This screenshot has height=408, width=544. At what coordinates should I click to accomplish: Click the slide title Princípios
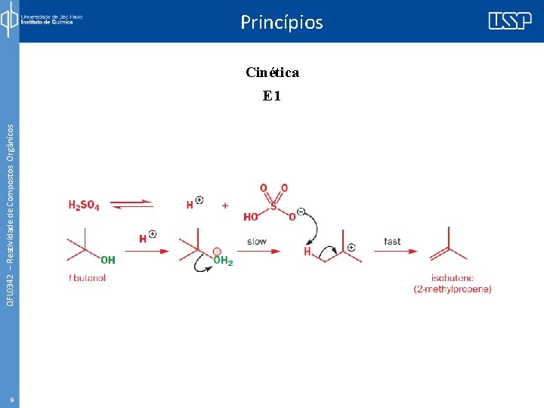(281, 22)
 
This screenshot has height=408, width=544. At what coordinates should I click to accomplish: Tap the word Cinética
(272, 73)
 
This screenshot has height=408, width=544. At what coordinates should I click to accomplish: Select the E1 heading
(272, 96)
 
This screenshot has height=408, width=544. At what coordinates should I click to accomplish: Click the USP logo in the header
(509, 20)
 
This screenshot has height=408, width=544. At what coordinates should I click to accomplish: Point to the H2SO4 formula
(84, 205)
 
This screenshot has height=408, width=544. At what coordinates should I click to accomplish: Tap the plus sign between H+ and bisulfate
(225, 205)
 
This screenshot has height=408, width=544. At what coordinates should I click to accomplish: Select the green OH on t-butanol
(108, 259)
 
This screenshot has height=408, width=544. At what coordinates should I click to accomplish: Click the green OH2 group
(224, 260)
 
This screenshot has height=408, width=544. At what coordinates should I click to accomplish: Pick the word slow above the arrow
(257, 242)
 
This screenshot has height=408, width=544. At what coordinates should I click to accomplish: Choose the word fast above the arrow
(392, 242)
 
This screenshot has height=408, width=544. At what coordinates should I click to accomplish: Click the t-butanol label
(88, 278)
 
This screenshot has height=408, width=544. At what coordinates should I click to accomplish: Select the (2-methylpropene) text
(453, 289)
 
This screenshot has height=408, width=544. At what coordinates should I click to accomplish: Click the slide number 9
(11, 399)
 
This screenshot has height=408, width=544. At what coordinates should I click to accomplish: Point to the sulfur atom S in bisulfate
(274, 203)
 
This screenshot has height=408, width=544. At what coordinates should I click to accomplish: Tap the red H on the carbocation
(308, 252)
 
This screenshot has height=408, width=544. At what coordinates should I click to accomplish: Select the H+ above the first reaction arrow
(147, 237)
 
